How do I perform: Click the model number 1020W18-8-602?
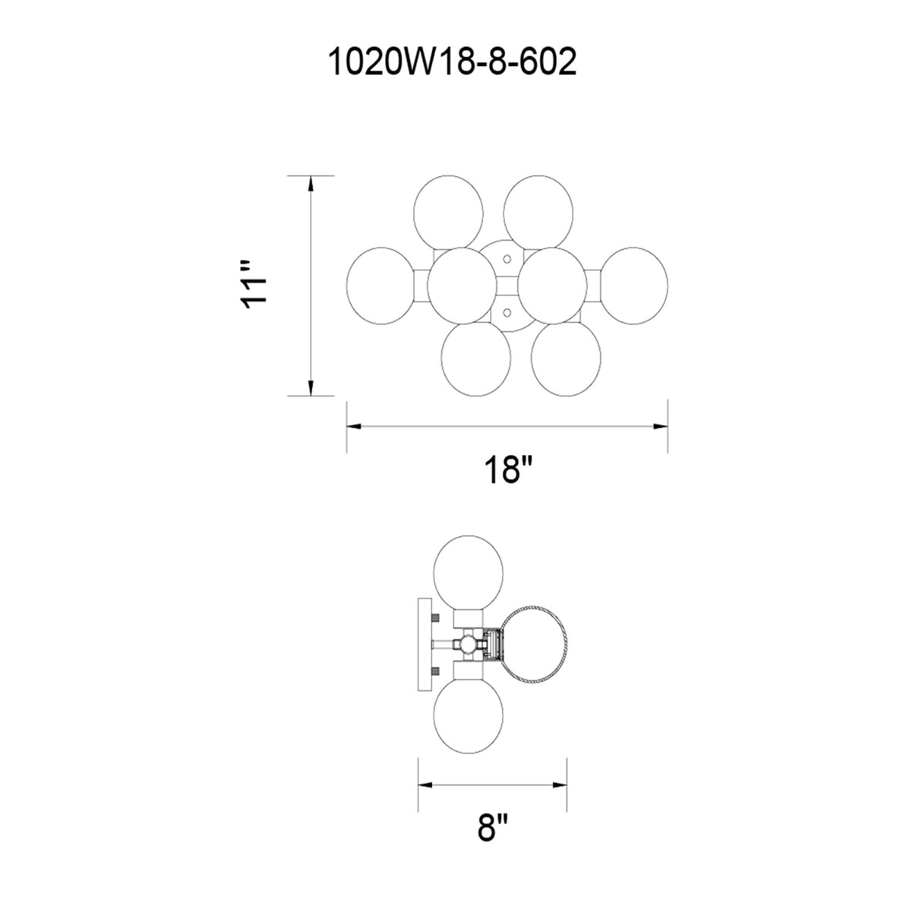pos(451,62)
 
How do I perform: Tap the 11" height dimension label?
pos(254,286)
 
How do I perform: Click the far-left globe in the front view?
pos(380,283)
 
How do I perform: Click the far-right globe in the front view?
pos(633,283)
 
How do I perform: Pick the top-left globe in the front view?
pos(449,212)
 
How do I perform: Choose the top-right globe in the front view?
pos(538,211)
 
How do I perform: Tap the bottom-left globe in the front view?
pos(476,360)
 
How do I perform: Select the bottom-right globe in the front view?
pos(566,360)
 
